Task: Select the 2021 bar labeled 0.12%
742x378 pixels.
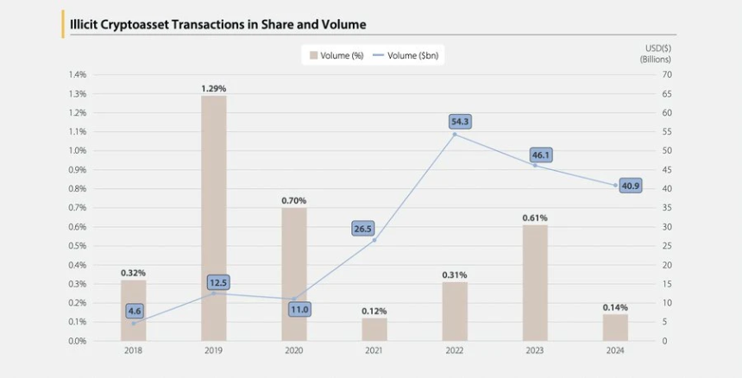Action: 374,329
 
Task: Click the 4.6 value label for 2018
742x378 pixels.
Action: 134,311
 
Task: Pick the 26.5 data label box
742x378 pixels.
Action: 363,229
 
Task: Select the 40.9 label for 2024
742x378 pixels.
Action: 630,186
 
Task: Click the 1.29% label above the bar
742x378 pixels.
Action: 214,89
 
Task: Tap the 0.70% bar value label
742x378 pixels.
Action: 294,200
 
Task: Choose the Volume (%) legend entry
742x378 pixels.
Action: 336,56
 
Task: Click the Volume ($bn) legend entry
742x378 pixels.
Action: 406,56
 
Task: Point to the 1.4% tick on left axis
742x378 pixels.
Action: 77,75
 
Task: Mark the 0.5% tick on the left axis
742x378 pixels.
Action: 77,246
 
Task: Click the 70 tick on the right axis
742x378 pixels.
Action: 666,75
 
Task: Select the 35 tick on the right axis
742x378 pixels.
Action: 666,208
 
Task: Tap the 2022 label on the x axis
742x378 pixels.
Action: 455,350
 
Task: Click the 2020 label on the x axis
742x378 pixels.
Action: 294,350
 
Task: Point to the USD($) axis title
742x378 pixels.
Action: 657,47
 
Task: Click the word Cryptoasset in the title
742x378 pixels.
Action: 146,24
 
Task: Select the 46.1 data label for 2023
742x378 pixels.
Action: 541,155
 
